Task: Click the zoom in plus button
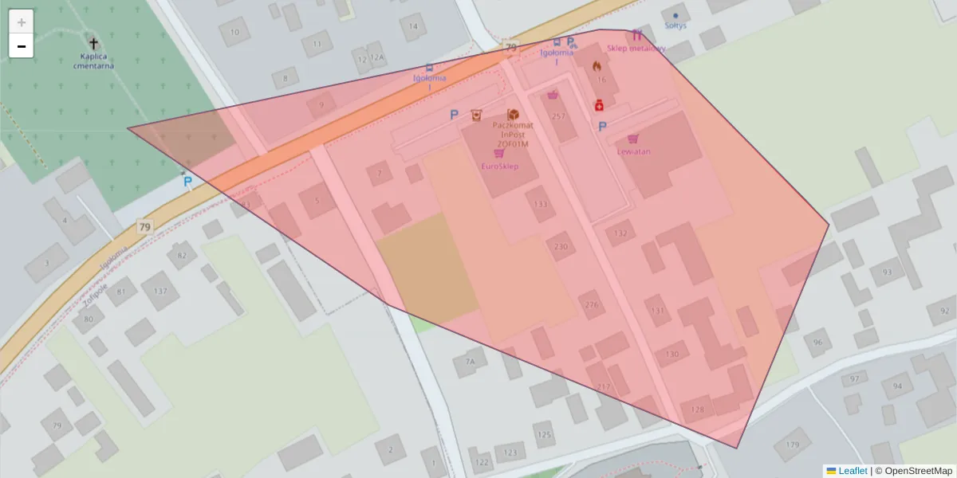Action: pos(22,22)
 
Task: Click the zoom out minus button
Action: pos(22,46)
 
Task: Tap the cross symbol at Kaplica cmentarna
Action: pos(93,44)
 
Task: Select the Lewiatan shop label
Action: pos(633,151)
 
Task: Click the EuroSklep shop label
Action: pos(500,166)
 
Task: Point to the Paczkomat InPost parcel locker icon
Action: pos(513,116)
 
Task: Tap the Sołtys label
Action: pos(675,25)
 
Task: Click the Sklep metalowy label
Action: pos(636,48)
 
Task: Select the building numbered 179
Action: pos(792,444)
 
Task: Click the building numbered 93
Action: pos(887,272)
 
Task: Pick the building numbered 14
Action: pos(413,26)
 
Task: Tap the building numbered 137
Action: pos(160,291)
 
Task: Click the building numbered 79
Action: pos(57,425)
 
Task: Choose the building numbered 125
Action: pos(545,434)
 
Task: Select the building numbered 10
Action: pos(234,33)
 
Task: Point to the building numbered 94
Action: pos(898,386)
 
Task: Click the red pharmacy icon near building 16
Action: pos(598,104)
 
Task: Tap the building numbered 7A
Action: pos(470,362)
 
